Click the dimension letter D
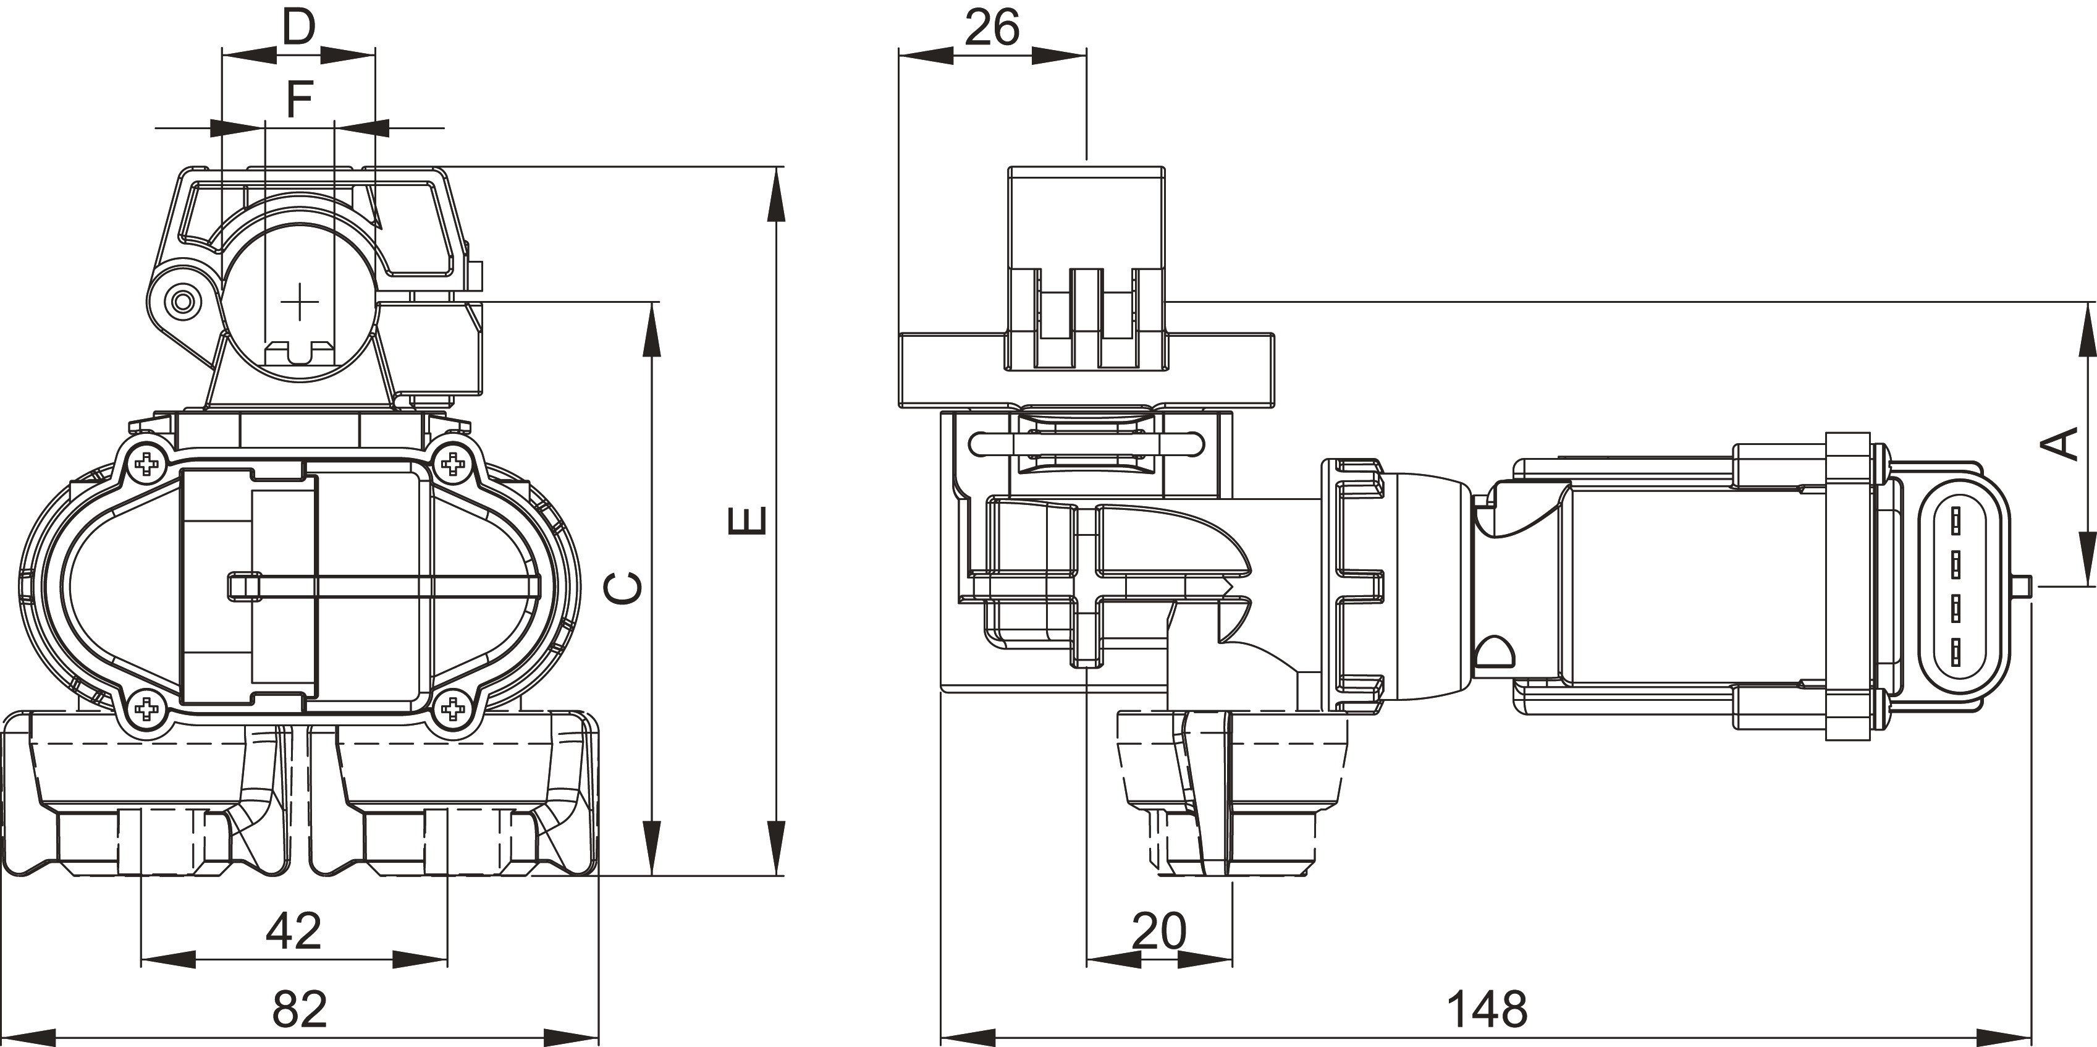click(x=299, y=28)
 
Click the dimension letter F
click(x=300, y=100)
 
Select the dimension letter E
click(x=746, y=521)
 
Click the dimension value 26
click(x=992, y=28)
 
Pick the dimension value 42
click(x=294, y=931)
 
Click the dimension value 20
click(x=1159, y=931)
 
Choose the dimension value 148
click(x=1487, y=1009)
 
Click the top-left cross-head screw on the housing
click(x=147, y=464)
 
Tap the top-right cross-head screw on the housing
click(x=452, y=464)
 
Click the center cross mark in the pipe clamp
click(x=300, y=303)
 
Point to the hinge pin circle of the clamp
click(x=182, y=303)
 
